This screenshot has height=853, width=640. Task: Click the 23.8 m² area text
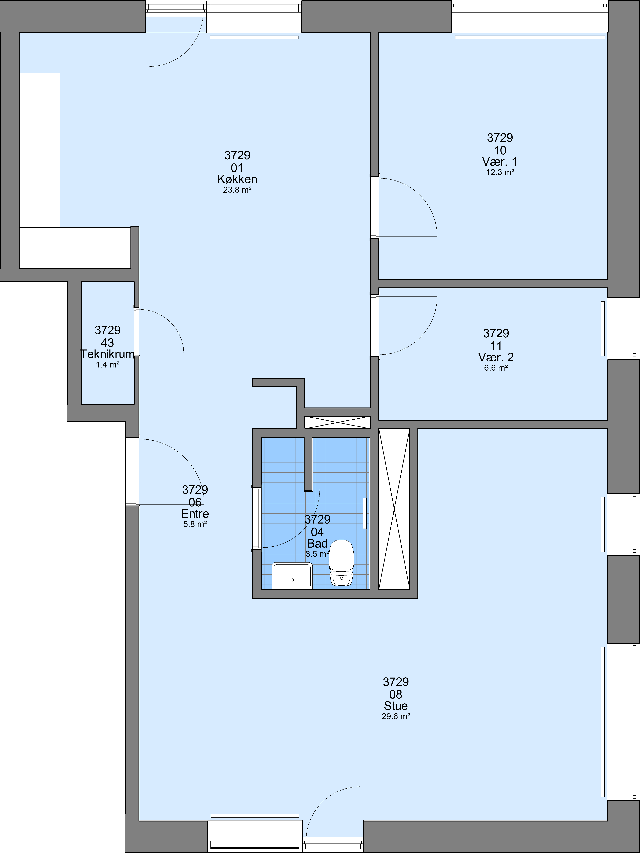(237, 190)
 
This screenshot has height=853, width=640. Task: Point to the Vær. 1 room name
(500, 162)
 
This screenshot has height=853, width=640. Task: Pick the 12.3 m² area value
(500, 172)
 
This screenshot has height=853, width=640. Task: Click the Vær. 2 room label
(496, 357)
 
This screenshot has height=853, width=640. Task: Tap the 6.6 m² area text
(496, 368)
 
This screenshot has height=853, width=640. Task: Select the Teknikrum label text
(107, 354)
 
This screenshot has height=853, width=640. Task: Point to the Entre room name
(195, 514)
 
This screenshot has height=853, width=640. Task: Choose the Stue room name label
(396, 706)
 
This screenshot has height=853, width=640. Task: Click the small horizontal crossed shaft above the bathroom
(337, 422)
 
